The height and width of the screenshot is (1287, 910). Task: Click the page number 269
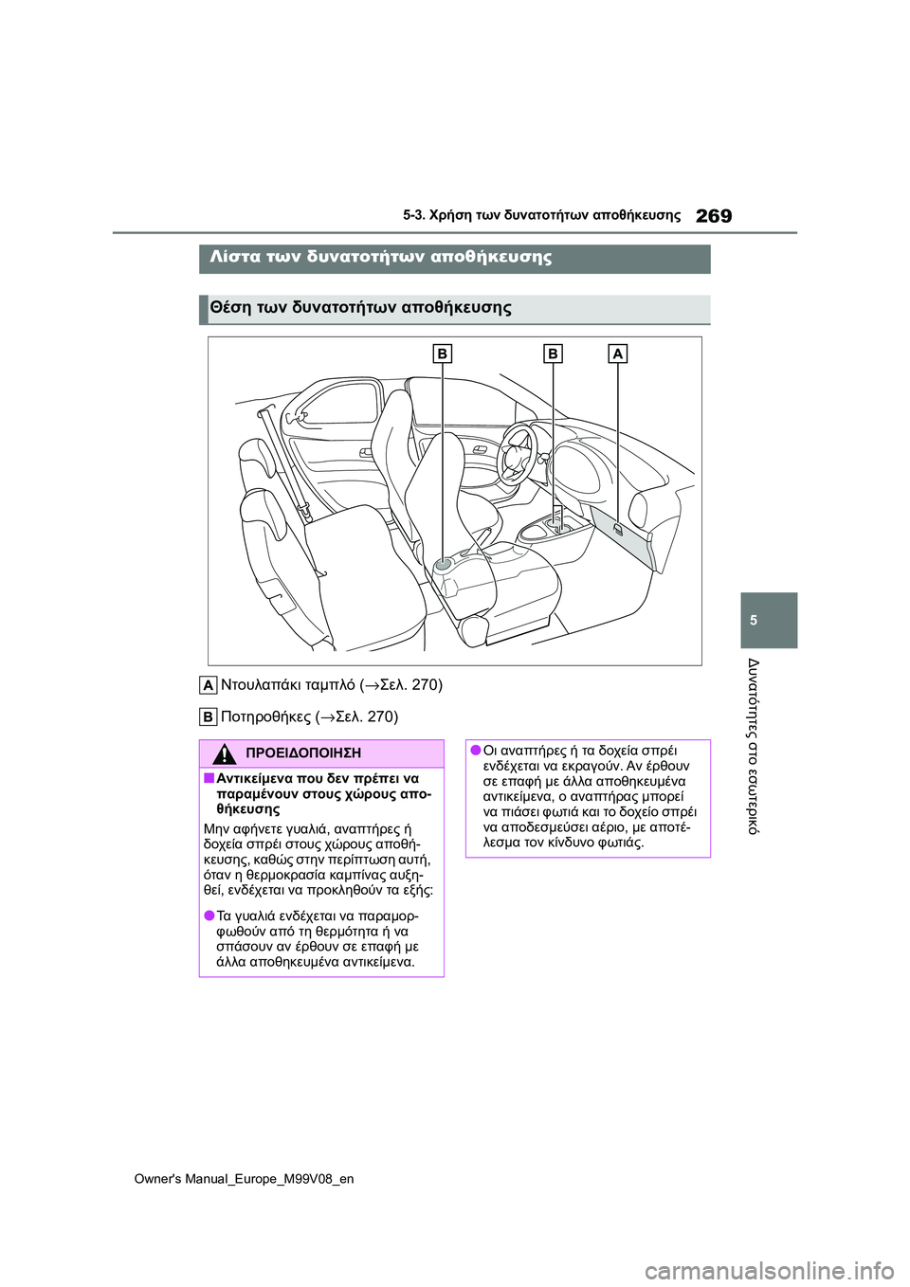pyautogui.click(x=713, y=216)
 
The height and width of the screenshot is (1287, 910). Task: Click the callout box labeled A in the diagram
pyautogui.click(x=617, y=353)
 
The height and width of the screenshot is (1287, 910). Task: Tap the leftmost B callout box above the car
pyautogui.click(x=442, y=353)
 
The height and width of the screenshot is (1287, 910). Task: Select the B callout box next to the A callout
pyautogui.click(x=552, y=353)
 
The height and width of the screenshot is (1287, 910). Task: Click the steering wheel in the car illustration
pyautogui.click(x=519, y=451)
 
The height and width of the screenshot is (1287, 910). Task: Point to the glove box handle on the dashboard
pyautogui.click(x=618, y=529)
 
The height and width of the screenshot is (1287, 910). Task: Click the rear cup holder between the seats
pyautogui.click(x=443, y=566)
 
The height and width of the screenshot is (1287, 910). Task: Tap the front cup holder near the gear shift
pyautogui.click(x=553, y=522)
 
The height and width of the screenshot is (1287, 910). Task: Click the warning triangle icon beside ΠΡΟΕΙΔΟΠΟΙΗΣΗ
pyautogui.click(x=224, y=754)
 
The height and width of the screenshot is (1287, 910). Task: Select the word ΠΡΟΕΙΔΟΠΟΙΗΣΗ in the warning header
pyautogui.click(x=302, y=753)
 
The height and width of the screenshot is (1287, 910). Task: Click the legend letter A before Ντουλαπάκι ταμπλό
pyautogui.click(x=208, y=685)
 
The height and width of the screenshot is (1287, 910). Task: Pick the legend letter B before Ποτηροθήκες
pyautogui.click(x=208, y=716)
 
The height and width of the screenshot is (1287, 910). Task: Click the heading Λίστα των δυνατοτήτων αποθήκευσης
pyautogui.click(x=380, y=257)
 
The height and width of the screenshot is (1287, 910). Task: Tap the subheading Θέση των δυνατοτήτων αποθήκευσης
pyautogui.click(x=360, y=307)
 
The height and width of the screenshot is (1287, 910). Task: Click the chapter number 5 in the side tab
pyautogui.click(x=754, y=620)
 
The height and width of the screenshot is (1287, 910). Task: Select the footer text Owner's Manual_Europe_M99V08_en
pyautogui.click(x=244, y=1179)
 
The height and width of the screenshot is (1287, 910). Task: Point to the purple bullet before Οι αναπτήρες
pyautogui.click(x=475, y=751)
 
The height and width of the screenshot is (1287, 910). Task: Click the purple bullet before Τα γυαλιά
pyautogui.click(x=209, y=915)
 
